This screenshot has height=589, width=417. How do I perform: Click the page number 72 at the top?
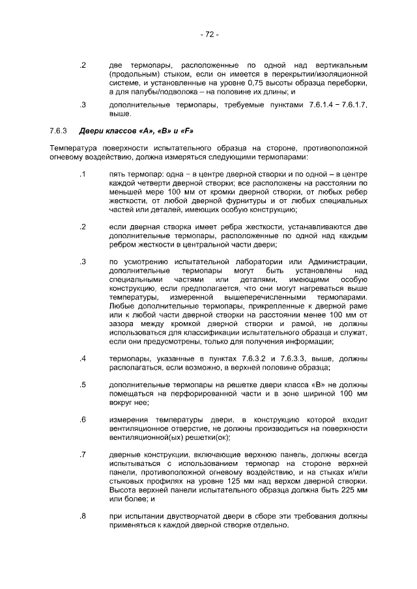pos(209,34)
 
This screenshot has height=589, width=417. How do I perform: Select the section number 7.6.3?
pos(59,131)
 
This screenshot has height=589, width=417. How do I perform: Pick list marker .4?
pos(83,359)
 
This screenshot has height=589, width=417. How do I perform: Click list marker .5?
pos(83,385)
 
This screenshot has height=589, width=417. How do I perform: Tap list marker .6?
pos(83,420)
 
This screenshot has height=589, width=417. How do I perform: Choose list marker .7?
pos(83,454)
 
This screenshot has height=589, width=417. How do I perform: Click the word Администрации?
pos(335,262)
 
